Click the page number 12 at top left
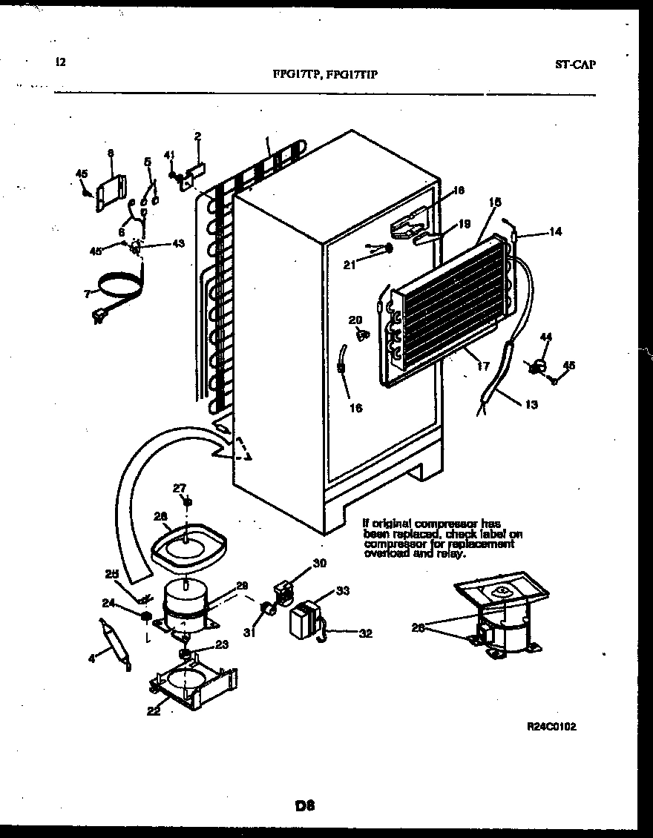pyautogui.click(x=60, y=62)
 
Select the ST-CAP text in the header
pyautogui.click(x=575, y=64)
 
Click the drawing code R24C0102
pyautogui.click(x=551, y=727)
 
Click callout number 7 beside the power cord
pyautogui.click(x=88, y=294)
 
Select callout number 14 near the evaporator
pyautogui.click(x=556, y=231)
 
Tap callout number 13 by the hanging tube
pyautogui.click(x=531, y=404)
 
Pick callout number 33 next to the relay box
pyautogui.click(x=342, y=591)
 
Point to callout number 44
pyautogui.click(x=545, y=337)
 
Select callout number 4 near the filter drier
pyautogui.click(x=91, y=657)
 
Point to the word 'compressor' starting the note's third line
pyautogui.click(x=393, y=544)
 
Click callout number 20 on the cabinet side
pyautogui.click(x=355, y=320)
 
